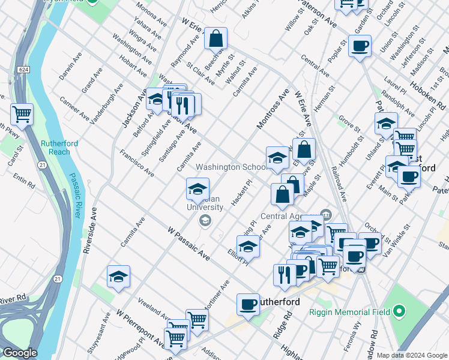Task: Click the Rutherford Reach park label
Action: (55, 148)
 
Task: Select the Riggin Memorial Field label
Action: (352, 311)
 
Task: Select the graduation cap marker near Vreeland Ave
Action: (119, 277)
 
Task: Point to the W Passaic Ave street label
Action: (189, 243)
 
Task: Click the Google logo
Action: (20, 353)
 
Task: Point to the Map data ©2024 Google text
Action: (412, 355)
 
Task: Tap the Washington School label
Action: (231, 167)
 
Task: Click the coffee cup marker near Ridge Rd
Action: (247, 304)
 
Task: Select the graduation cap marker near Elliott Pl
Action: (248, 245)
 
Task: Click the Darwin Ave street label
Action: (71, 70)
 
